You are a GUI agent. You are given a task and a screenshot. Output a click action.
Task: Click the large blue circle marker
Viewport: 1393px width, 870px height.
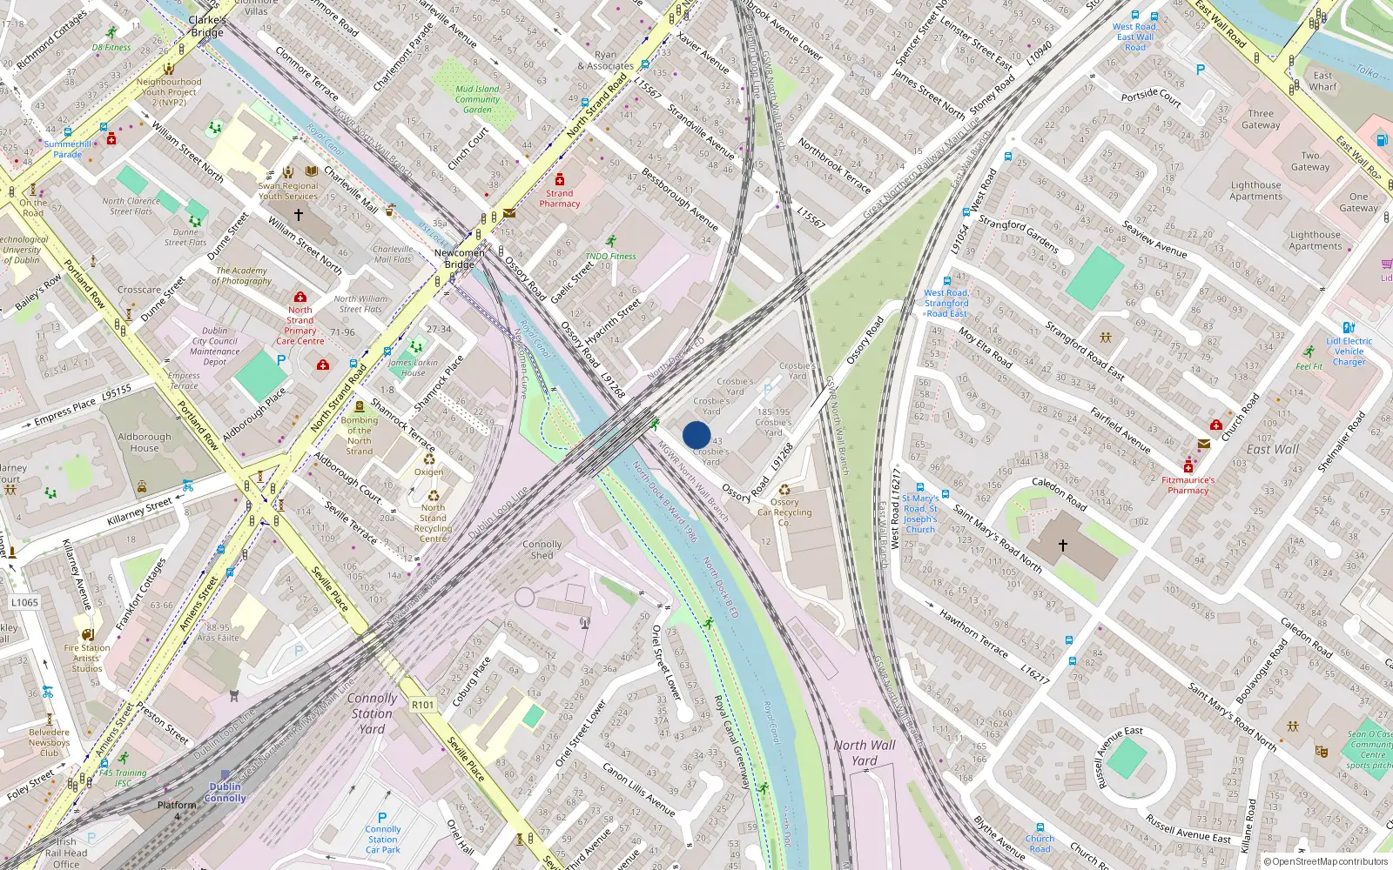[x=696, y=435]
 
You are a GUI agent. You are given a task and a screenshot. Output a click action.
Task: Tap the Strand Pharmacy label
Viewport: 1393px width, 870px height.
[x=559, y=198]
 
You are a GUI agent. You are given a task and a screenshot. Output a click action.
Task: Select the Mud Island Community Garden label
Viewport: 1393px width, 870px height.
[x=477, y=99]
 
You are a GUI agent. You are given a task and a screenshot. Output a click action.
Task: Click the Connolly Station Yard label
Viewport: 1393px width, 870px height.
[x=372, y=713]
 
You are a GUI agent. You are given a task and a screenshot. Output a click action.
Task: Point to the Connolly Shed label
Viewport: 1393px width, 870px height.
[x=542, y=549]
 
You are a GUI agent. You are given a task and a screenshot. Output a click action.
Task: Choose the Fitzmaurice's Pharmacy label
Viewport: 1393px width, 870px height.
[x=1188, y=485]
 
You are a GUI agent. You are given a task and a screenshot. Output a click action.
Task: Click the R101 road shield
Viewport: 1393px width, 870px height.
[x=422, y=705]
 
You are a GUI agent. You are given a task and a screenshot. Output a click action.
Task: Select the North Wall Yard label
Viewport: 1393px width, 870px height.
[x=864, y=753]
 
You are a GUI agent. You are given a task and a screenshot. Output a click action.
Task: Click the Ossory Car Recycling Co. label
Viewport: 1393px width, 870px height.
[x=784, y=512]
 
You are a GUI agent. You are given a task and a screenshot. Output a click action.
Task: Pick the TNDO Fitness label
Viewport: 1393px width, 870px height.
[x=610, y=256]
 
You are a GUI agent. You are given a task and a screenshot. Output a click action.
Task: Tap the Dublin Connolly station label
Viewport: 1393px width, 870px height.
[x=225, y=792]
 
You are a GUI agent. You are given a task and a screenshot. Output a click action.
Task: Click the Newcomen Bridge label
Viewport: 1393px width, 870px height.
[x=460, y=258]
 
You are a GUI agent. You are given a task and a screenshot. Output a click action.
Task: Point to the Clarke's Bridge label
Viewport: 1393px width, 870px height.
[x=207, y=26]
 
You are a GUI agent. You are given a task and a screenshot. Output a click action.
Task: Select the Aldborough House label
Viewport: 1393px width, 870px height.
[x=145, y=442]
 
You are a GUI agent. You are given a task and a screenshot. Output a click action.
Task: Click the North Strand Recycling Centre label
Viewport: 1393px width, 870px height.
[x=433, y=523]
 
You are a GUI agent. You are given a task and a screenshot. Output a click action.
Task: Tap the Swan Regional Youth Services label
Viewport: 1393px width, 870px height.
[x=288, y=191]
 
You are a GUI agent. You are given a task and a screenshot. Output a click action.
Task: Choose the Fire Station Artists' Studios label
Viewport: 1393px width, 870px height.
[x=87, y=658]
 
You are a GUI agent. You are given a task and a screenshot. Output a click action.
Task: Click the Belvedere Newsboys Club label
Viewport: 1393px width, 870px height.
[x=49, y=742]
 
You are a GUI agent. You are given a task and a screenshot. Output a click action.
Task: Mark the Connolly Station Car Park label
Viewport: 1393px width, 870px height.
[x=383, y=840]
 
